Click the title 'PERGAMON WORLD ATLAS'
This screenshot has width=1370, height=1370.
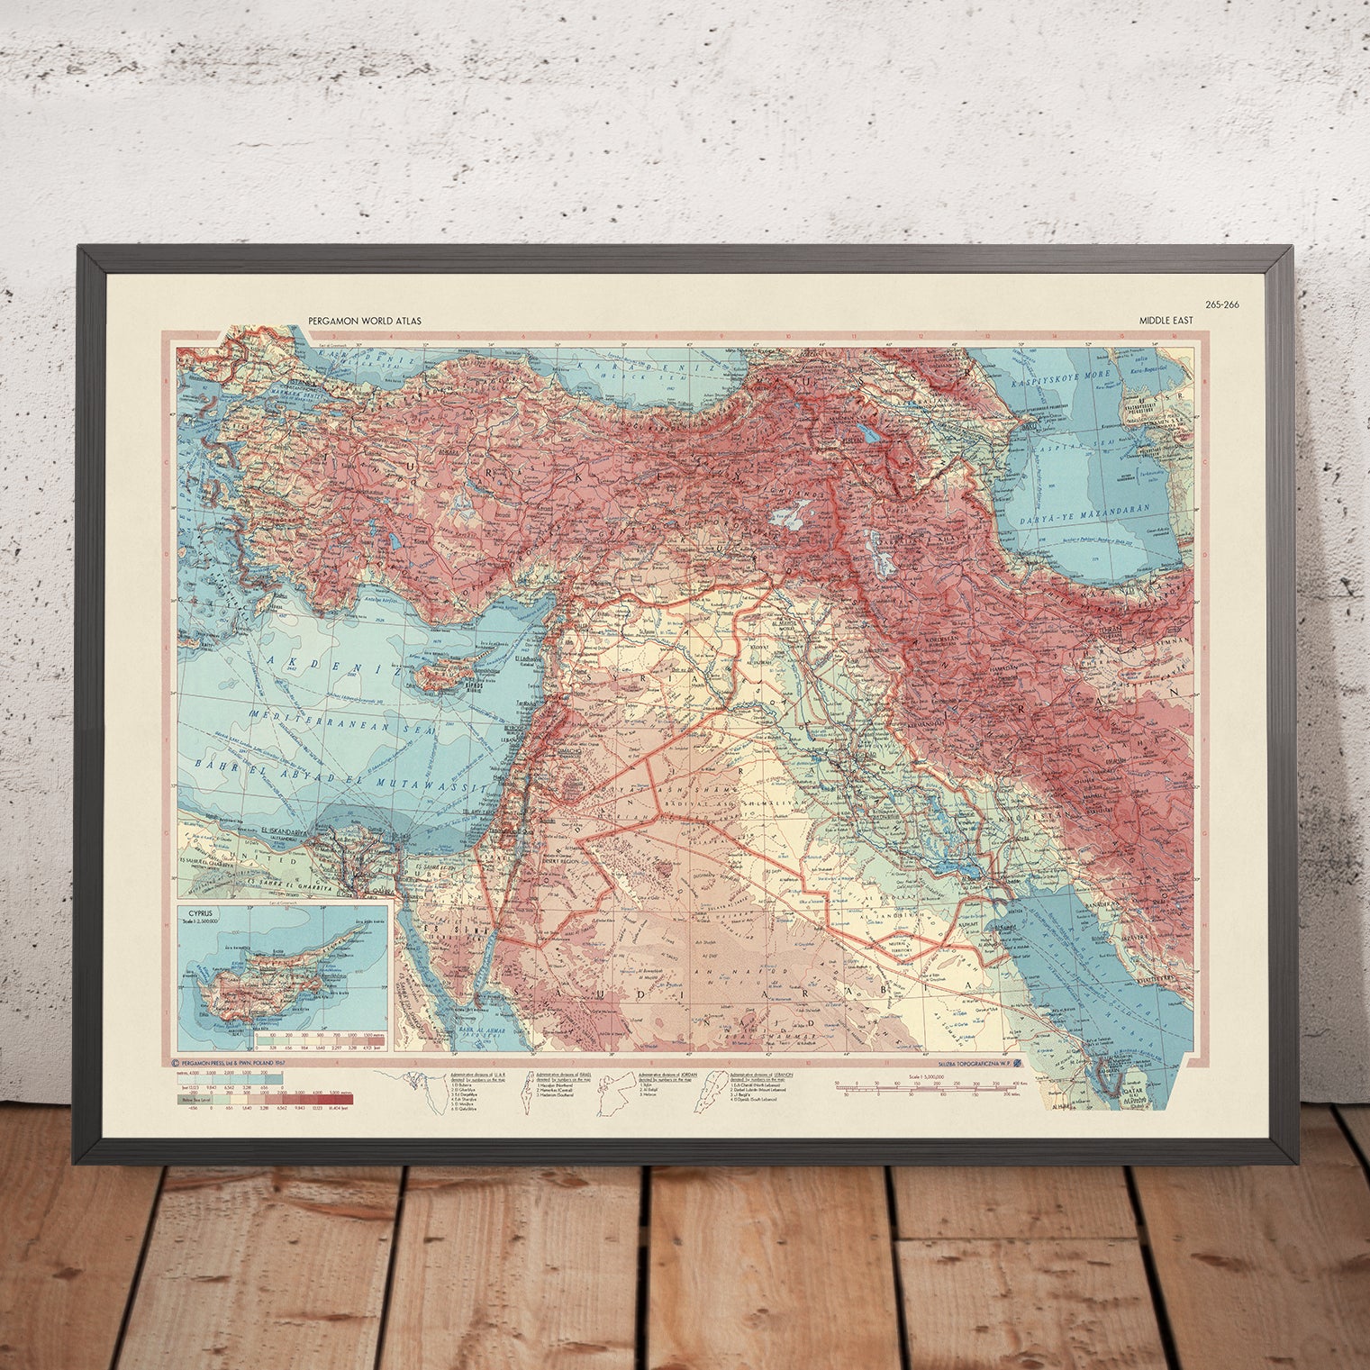pyautogui.click(x=364, y=321)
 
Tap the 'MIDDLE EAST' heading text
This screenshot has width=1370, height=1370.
pyautogui.click(x=1166, y=321)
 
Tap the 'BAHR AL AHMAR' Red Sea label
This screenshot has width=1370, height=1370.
pyautogui.click(x=476, y=1029)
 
